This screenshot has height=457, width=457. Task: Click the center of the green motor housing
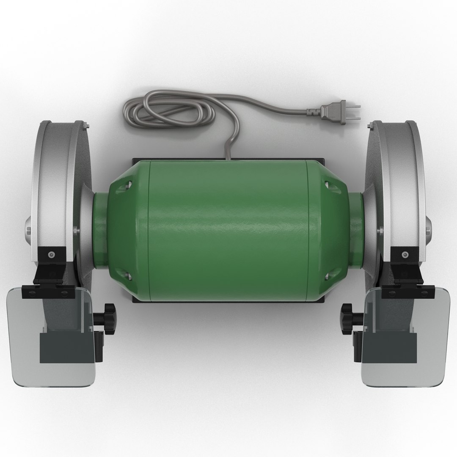pos(228,229)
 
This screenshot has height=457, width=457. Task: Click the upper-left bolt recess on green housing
pos(128,185)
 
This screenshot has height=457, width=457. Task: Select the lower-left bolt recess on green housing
pos(128,276)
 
